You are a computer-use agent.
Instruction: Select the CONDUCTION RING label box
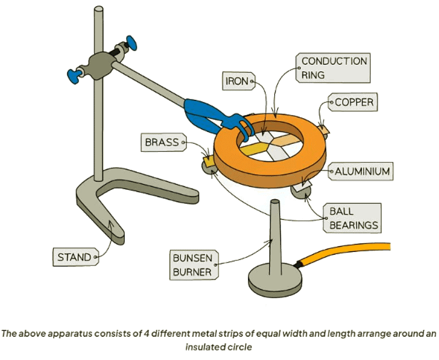[334, 68]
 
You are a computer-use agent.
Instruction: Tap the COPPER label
[353, 103]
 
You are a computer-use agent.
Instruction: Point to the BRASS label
[162, 142]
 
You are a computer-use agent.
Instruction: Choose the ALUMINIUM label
[361, 172]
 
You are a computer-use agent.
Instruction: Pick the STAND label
[74, 257]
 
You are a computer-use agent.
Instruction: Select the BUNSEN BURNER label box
[191, 265]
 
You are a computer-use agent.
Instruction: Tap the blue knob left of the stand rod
[75, 75]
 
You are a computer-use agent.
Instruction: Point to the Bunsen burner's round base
[274, 280]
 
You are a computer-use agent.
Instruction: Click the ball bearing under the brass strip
[209, 167]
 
